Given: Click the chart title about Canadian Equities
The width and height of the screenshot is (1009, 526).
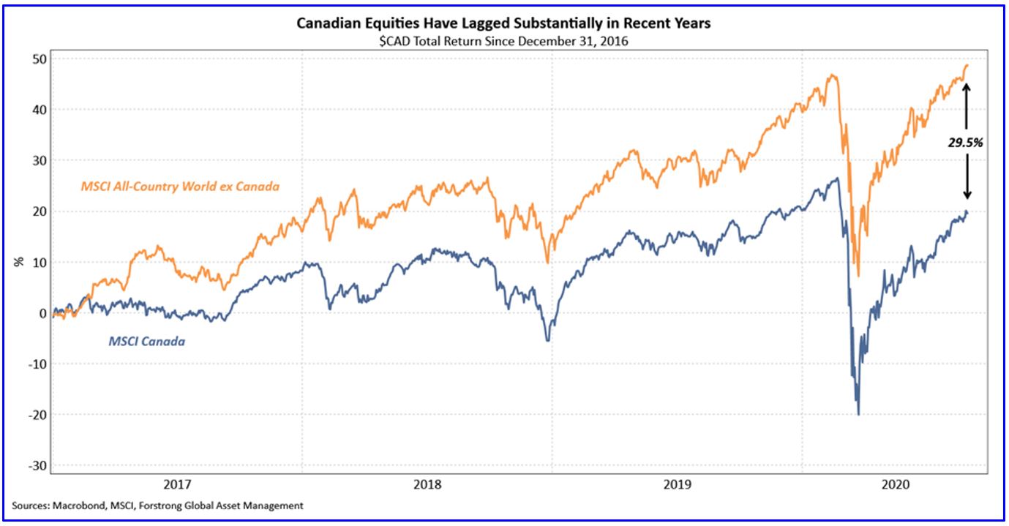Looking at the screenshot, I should [x=503, y=23].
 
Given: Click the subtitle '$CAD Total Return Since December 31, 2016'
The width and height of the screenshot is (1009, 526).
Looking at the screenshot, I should [x=503, y=41].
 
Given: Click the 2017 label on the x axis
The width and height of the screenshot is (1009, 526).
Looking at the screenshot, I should [x=177, y=484].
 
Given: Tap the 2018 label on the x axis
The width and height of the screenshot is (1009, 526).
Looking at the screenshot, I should [x=427, y=484].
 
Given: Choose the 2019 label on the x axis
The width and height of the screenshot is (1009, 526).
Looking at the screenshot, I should [x=677, y=484].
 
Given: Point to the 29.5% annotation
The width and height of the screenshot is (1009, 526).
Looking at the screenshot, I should [x=967, y=143].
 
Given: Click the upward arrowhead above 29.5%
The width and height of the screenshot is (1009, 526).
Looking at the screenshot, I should [x=967, y=86].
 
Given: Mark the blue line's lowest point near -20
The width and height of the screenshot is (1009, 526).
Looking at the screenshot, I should [x=858, y=414].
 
